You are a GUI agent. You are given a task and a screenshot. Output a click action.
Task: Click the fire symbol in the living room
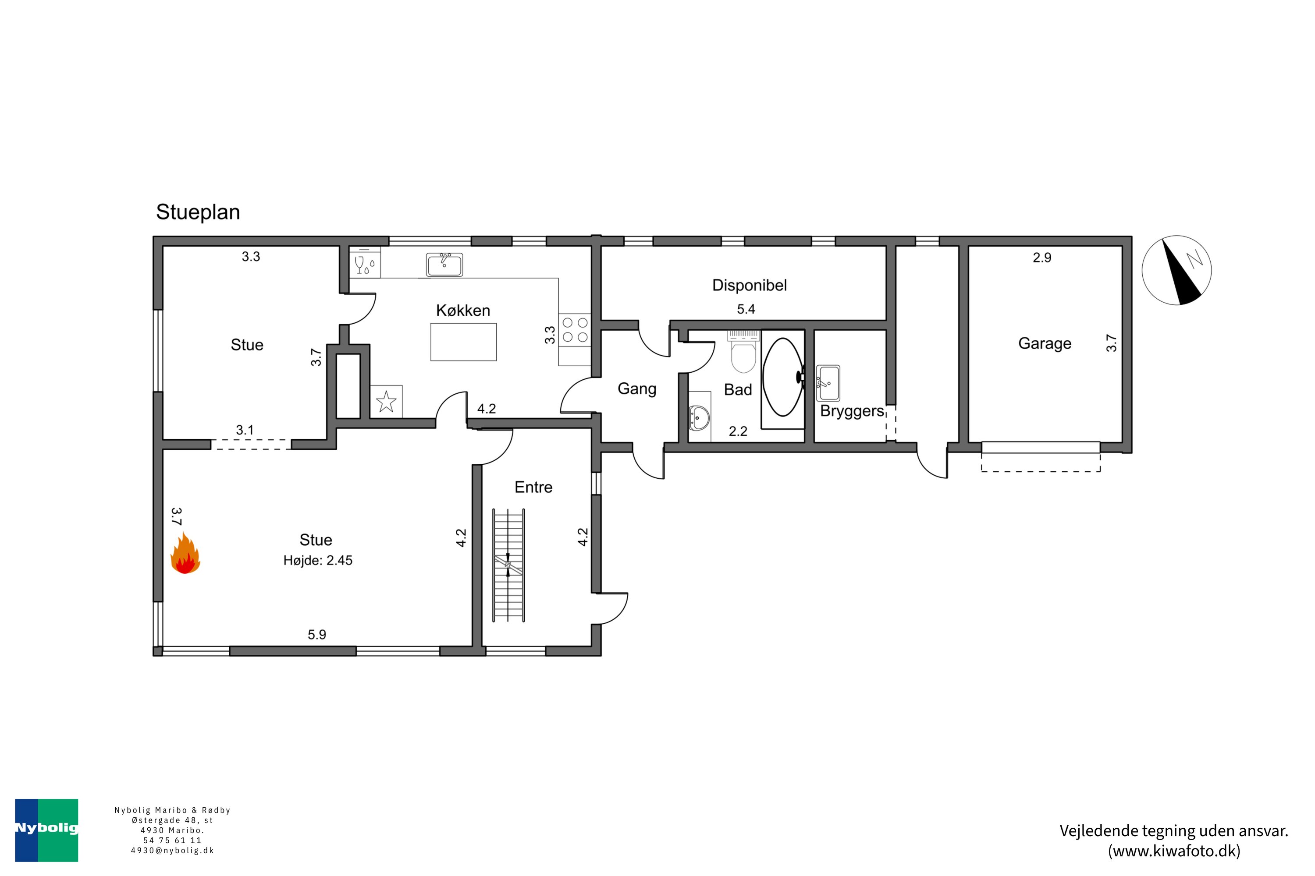point(185,553)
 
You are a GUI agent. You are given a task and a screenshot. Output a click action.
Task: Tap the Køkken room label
point(463,311)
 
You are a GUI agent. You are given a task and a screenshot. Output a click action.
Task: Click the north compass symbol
point(1176,270)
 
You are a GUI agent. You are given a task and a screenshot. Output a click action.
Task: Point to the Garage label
point(1045,343)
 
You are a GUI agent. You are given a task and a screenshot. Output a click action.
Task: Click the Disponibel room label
point(749,286)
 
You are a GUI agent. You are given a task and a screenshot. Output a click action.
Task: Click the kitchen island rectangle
point(463,342)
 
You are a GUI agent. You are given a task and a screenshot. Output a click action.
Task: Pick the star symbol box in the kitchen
point(386,401)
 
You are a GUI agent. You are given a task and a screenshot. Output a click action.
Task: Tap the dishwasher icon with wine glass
point(365,262)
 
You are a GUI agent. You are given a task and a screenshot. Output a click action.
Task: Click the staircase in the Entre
point(508,565)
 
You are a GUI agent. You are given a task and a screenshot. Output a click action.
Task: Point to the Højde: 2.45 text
point(317,560)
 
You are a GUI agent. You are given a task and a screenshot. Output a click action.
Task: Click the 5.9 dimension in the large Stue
point(316,635)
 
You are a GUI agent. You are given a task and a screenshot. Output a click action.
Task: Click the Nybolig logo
point(46,830)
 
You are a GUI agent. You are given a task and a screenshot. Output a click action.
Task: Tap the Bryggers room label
point(852,412)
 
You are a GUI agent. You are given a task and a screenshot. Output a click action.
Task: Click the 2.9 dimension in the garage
point(1041,258)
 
